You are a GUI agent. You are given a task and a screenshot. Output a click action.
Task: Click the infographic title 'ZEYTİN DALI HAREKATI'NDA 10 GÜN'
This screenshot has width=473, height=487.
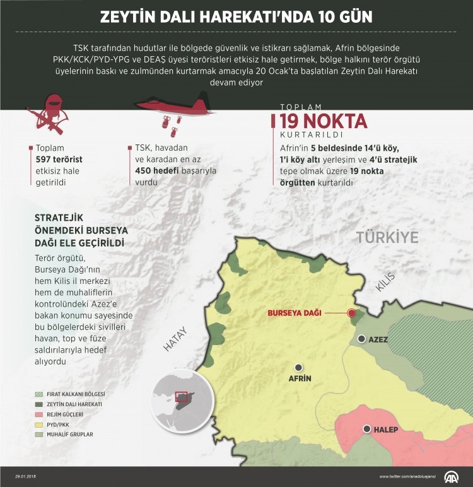point(236,17)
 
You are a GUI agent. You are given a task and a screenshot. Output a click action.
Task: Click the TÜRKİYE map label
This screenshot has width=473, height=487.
point(387,237)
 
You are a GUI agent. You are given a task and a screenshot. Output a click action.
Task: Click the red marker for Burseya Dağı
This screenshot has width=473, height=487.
point(352,313)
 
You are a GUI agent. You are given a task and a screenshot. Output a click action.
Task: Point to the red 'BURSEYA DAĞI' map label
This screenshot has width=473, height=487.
point(295,313)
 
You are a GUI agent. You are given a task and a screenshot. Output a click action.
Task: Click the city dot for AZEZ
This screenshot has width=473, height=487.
point(361,339)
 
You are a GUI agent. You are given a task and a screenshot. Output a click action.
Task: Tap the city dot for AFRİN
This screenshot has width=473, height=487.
point(299,367)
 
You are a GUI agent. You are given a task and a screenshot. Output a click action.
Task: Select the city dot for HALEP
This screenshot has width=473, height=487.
point(367,429)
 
